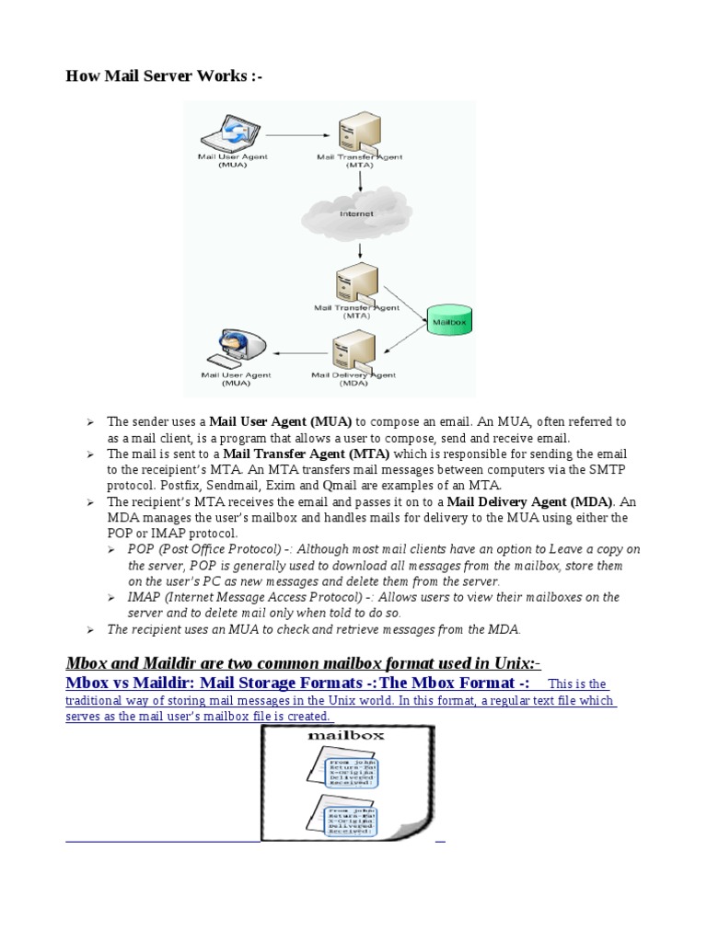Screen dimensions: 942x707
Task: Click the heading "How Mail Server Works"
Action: click(x=164, y=76)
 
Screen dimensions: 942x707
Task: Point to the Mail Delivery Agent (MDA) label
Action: click(x=353, y=378)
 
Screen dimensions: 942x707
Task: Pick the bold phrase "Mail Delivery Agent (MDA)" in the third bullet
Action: click(x=529, y=501)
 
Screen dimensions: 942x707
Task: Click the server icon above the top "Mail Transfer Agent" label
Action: click(x=355, y=134)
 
